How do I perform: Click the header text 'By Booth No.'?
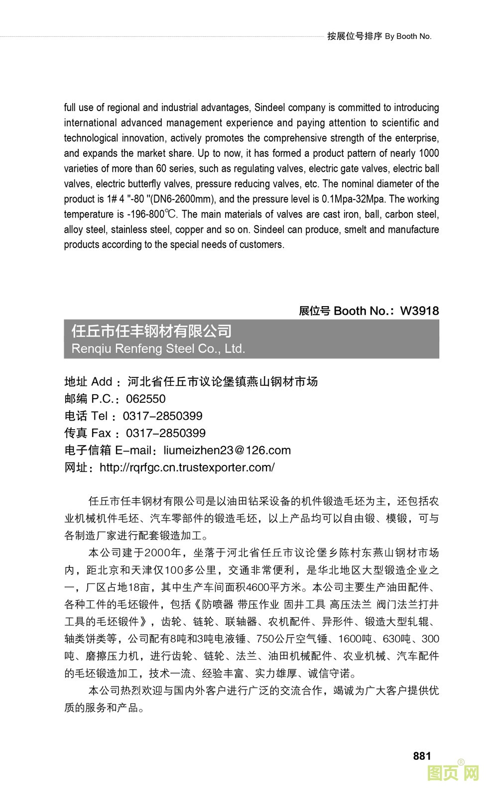point(408,36)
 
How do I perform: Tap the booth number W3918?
point(419,311)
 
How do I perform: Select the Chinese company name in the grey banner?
point(152,331)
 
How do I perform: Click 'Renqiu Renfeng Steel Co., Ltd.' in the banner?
point(158,348)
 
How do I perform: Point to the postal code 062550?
point(145,399)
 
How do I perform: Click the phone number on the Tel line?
point(162,416)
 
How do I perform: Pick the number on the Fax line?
point(165,433)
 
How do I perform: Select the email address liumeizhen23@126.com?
point(227,450)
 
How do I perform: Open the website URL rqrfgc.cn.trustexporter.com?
point(187,467)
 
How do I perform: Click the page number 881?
point(422,756)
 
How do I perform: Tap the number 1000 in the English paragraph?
point(429,153)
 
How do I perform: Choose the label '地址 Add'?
point(88,382)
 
